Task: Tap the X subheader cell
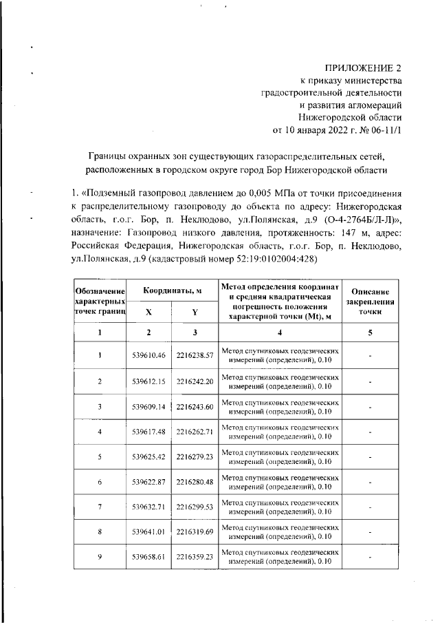click(149, 312)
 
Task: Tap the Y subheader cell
click(195, 312)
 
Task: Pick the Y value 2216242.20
click(195, 381)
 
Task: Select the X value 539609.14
click(149, 406)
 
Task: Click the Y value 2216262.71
click(195, 432)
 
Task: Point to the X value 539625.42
click(149, 456)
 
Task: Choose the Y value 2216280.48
click(195, 482)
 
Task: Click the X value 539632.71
click(149, 507)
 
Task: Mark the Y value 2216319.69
click(195, 532)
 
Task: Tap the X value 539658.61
click(149, 557)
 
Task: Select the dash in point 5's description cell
click(370, 456)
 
